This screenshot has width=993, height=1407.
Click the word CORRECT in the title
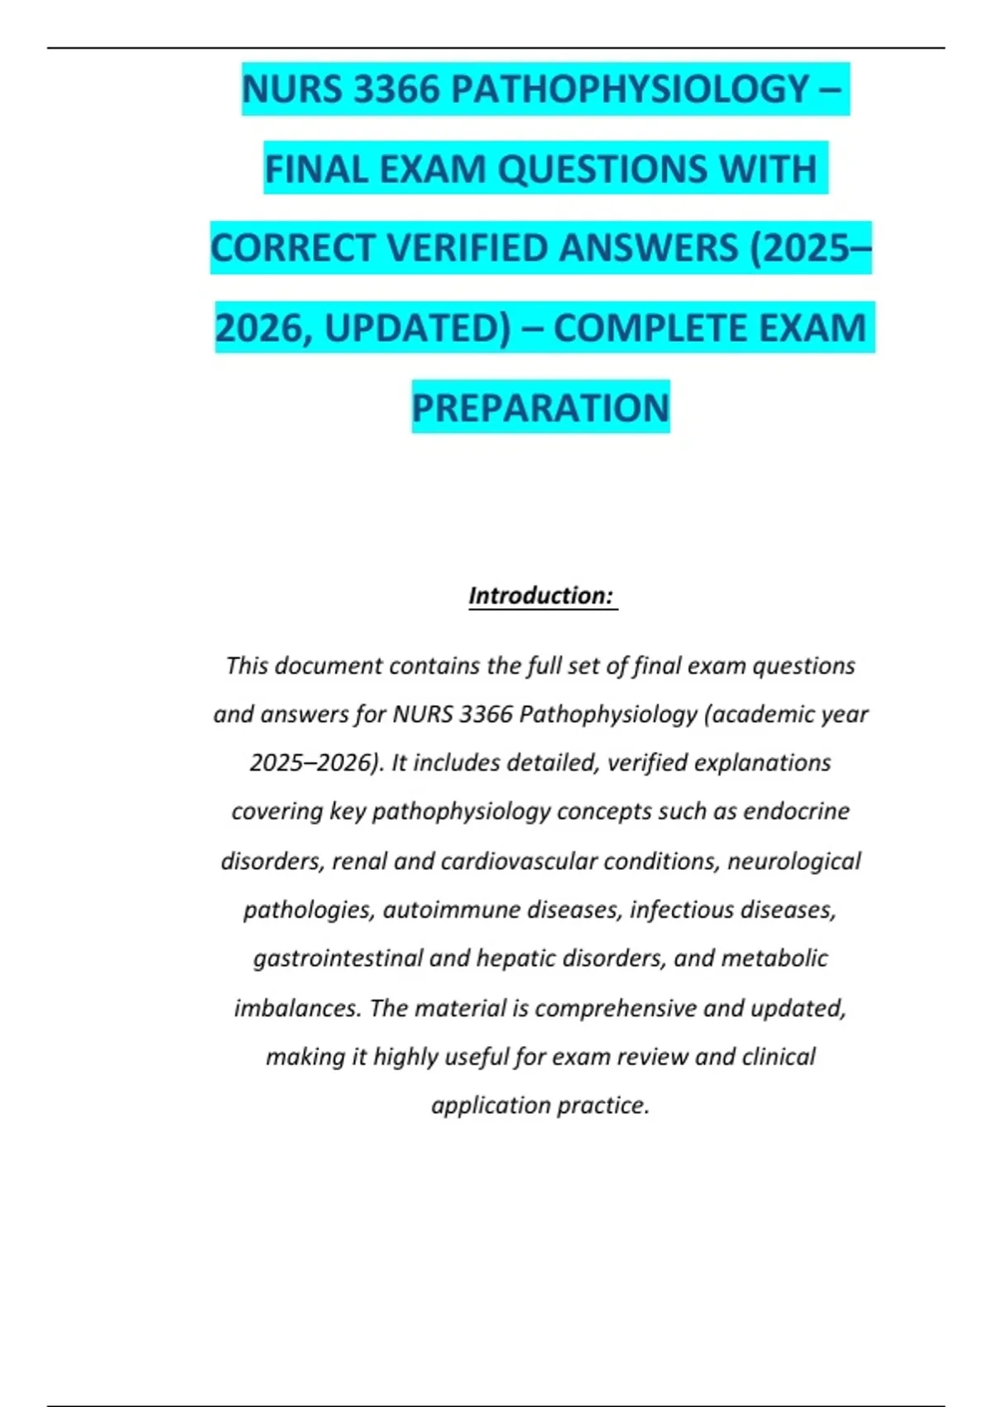click(x=293, y=248)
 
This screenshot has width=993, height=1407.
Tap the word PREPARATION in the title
click(x=540, y=408)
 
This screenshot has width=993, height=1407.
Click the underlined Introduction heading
click(x=541, y=596)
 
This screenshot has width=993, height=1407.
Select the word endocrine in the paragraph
click(x=796, y=811)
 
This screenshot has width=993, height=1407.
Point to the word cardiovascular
click(x=519, y=862)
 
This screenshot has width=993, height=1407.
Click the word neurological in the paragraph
click(x=794, y=862)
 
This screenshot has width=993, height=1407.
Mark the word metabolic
click(x=775, y=958)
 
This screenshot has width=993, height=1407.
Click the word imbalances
click(x=298, y=1009)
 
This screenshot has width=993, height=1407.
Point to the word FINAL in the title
click(x=317, y=170)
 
